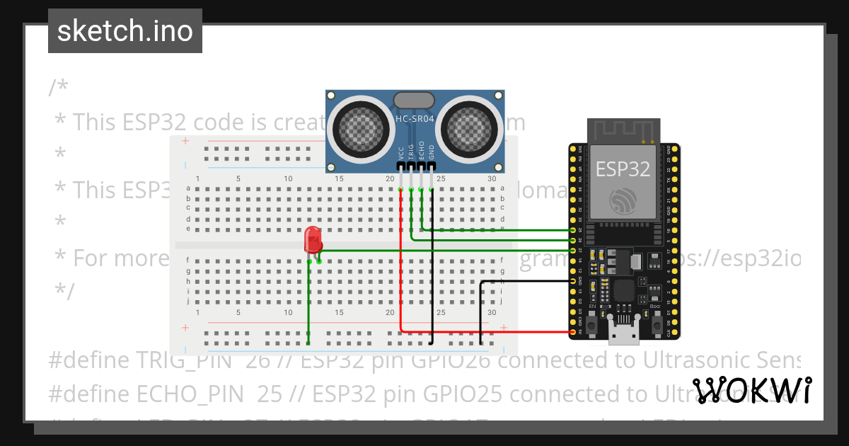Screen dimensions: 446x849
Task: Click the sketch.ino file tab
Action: coord(125,31)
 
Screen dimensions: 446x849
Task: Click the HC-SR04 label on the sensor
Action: coord(415,119)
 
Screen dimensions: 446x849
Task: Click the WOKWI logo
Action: coord(751,391)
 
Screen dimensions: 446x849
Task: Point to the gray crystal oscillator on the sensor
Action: coord(414,101)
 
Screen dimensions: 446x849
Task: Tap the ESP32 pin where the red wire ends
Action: coord(573,331)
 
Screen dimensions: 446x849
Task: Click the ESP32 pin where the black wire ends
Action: coord(573,281)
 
